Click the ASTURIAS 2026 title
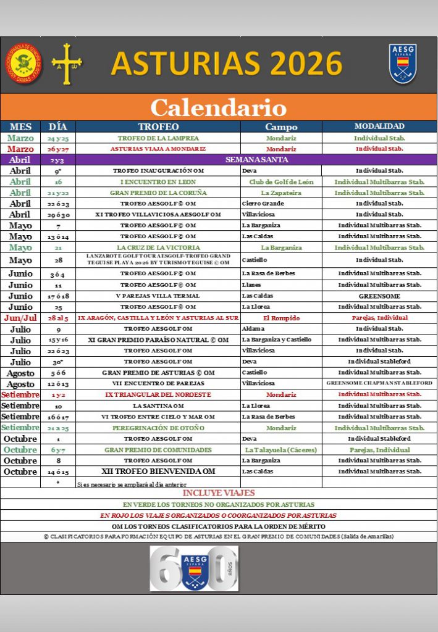pyautogui.click(x=226, y=64)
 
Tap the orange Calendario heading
pyautogui.click(x=219, y=107)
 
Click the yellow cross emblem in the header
pyautogui.click(x=67, y=63)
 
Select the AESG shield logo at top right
pyautogui.click(x=403, y=64)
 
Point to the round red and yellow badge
pyautogui.click(x=22, y=63)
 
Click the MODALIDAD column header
pyautogui.click(x=379, y=127)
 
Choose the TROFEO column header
pyautogui.click(x=158, y=127)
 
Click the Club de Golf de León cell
pyautogui.click(x=281, y=182)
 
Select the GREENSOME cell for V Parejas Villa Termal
pyautogui.click(x=379, y=296)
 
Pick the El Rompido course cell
pyautogui.click(x=281, y=318)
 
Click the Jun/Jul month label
pyautogui.click(x=20, y=318)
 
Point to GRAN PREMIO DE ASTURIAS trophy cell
pyautogui.click(x=158, y=373)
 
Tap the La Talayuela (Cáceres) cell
pyautogui.click(x=281, y=450)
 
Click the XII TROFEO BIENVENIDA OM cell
pyautogui.click(x=158, y=472)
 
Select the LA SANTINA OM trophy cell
pyautogui.click(x=158, y=406)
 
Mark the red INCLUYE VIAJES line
pyautogui.click(x=219, y=493)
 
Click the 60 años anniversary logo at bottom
pyautogui.click(x=194, y=568)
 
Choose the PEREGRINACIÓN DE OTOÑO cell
pyautogui.click(x=158, y=428)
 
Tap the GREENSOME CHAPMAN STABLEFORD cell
pyautogui.click(x=379, y=383)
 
